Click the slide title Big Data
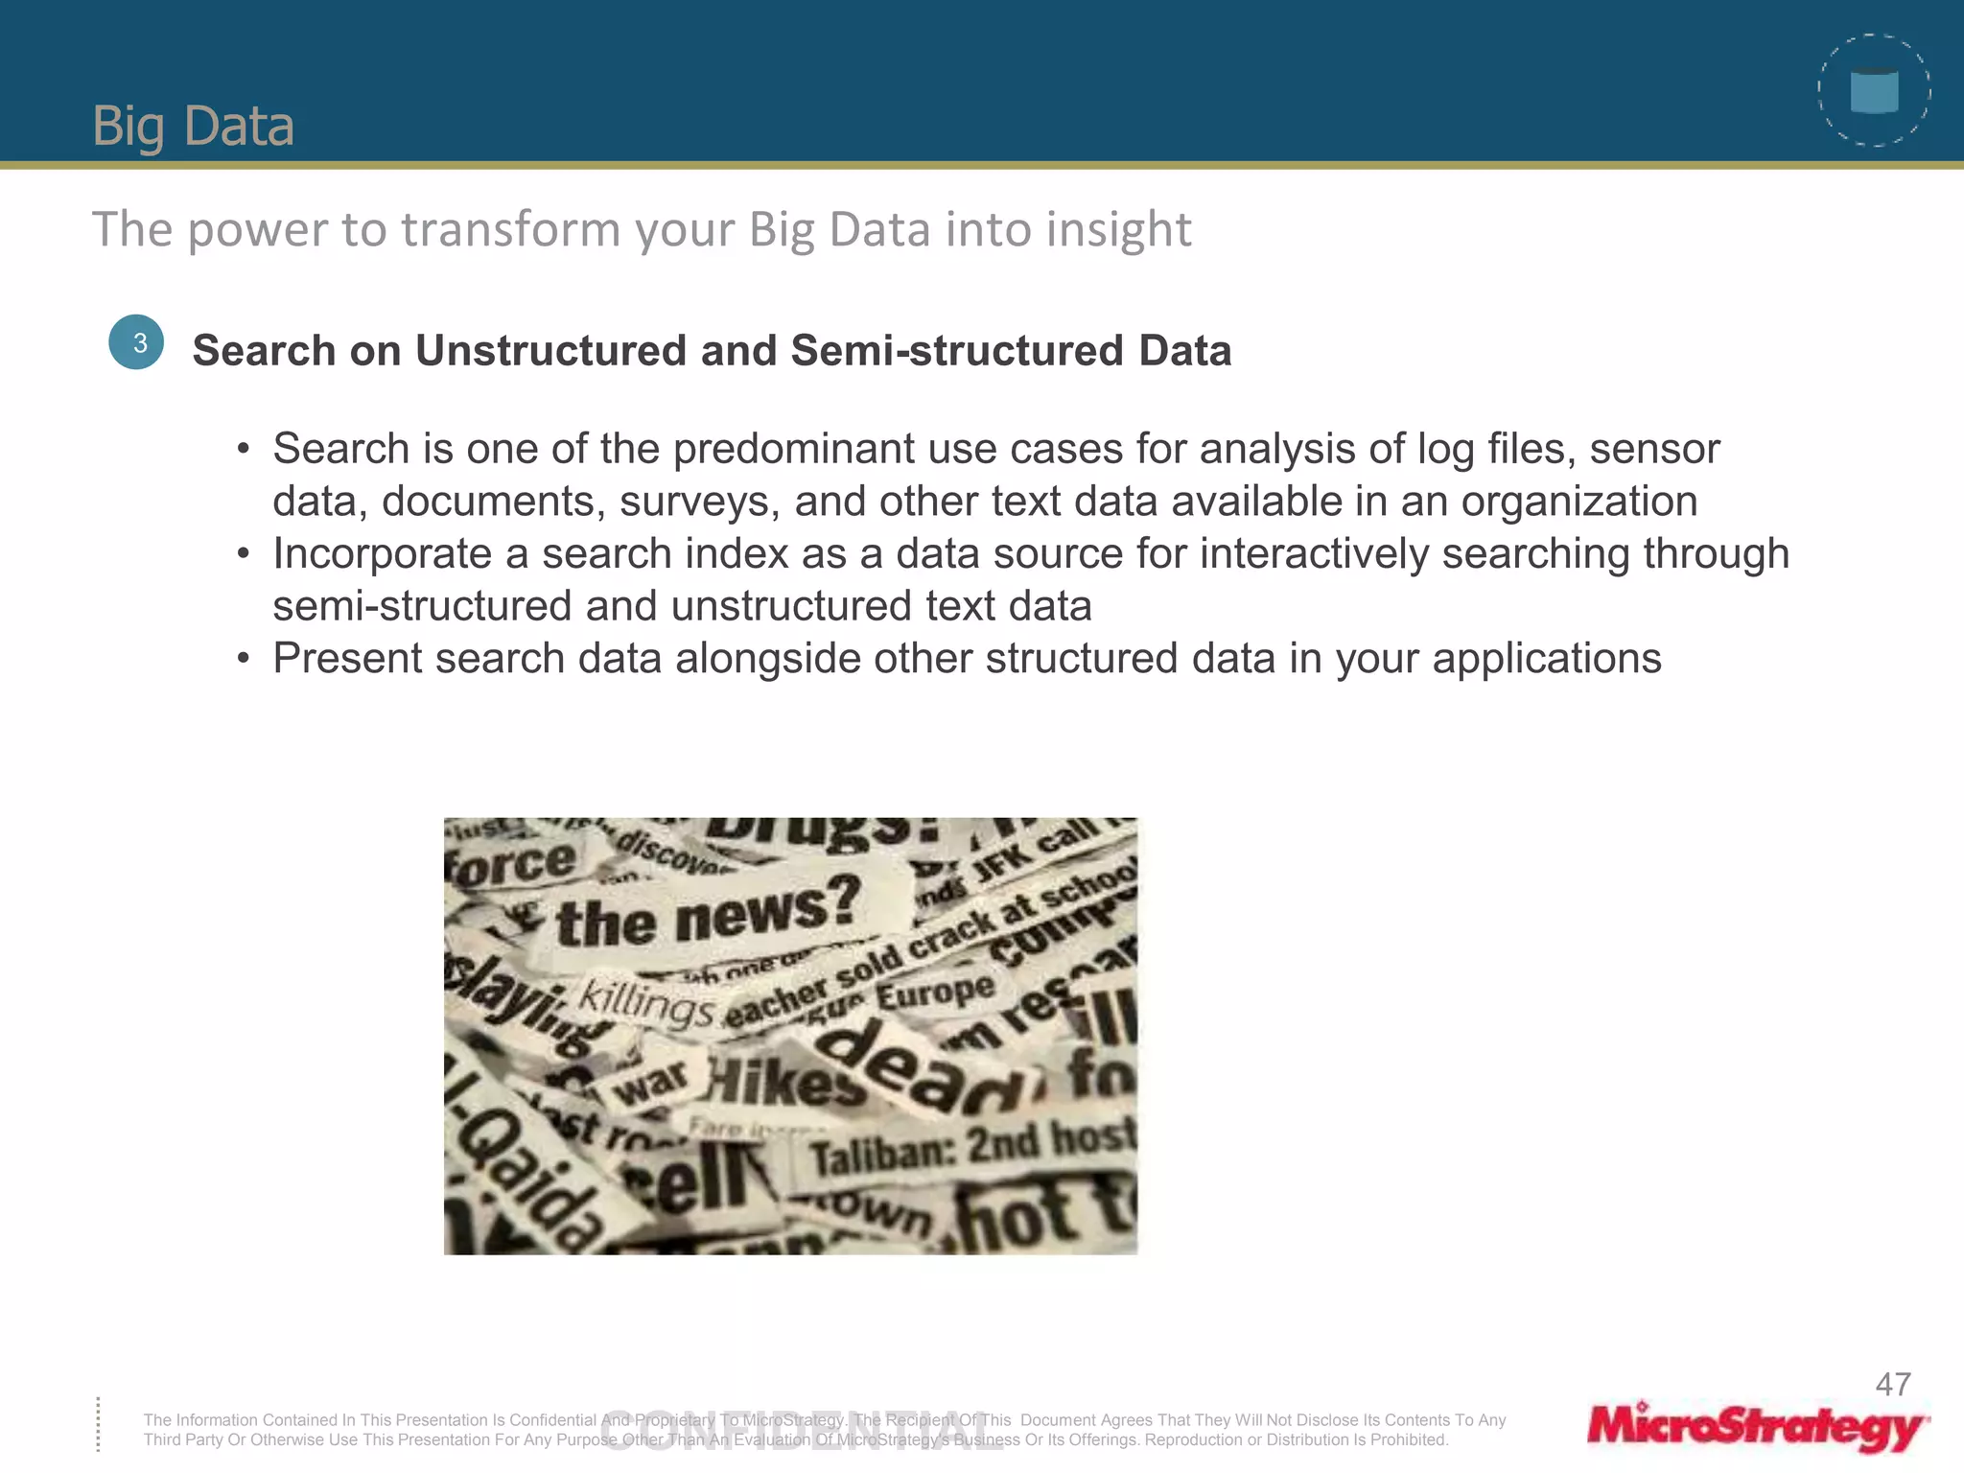(x=193, y=126)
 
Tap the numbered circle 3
(x=137, y=342)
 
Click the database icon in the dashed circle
(x=1874, y=92)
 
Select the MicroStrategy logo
(x=1757, y=1427)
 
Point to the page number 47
(x=1893, y=1384)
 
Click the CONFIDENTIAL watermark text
(x=802, y=1432)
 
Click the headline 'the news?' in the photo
(x=708, y=912)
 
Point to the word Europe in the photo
(x=935, y=993)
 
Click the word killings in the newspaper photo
(x=645, y=1004)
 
